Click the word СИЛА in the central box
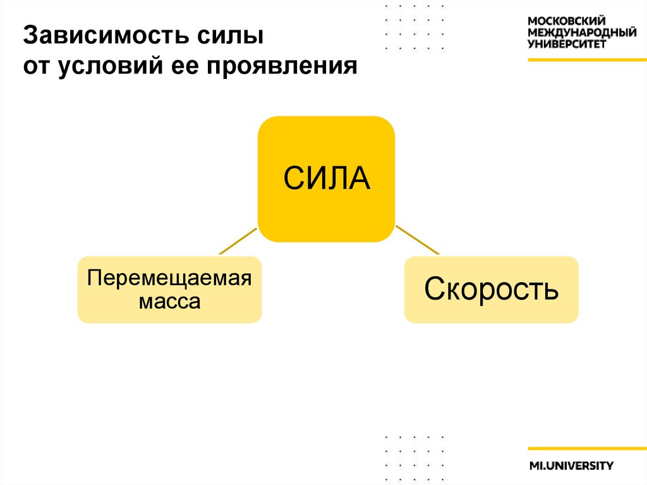point(326,179)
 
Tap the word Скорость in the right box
point(491,290)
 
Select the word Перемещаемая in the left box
point(169,278)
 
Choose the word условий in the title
point(113,66)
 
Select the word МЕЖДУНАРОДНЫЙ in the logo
point(582,33)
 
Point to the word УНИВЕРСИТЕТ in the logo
point(567,44)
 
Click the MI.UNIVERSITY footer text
point(571,466)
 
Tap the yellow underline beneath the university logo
point(587,59)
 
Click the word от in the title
point(37,66)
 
